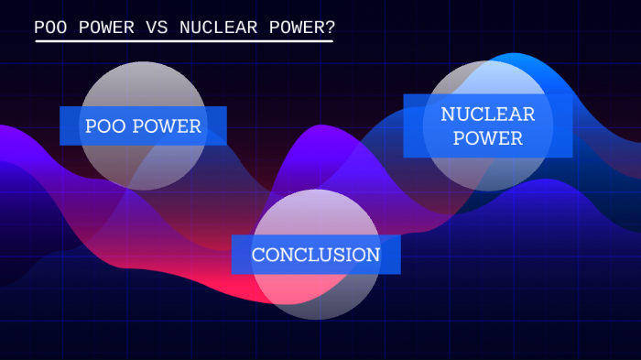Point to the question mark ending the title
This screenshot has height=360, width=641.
point(330,27)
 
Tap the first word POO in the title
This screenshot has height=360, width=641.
point(49,27)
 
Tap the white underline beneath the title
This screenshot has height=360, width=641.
point(183,40)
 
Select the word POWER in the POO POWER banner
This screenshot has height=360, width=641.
point(167,126)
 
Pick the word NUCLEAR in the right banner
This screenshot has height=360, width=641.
point(488,115)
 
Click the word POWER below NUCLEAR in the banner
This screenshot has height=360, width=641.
point(488,138)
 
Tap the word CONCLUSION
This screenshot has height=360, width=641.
point(316,255)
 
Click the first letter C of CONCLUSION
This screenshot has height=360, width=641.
point(258,255)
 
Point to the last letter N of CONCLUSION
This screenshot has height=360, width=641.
point(373,255)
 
